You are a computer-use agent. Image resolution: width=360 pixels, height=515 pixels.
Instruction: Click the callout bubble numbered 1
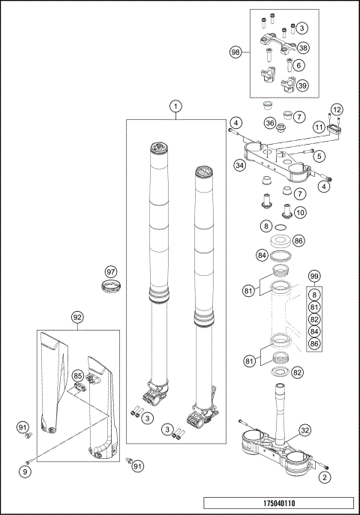click(175, 106)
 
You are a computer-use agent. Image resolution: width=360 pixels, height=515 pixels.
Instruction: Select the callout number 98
click(235, 52)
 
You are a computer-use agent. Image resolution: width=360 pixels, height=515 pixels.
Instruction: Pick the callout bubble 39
click(302, 86)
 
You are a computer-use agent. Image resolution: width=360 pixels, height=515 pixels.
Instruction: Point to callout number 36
click(270, 123)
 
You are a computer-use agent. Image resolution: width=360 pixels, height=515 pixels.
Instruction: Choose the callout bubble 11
click(318, 128)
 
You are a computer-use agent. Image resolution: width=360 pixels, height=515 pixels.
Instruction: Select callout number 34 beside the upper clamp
click(240, 165)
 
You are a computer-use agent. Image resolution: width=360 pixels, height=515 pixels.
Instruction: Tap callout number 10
click(299, 212)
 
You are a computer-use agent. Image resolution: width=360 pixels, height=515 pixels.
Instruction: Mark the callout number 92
click(77, 317)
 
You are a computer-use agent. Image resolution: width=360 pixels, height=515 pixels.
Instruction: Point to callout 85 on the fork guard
click(77, 374)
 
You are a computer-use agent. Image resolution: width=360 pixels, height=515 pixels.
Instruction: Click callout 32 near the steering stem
click(304, 430)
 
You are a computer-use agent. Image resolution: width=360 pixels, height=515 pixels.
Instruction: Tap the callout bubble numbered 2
click(324, 476)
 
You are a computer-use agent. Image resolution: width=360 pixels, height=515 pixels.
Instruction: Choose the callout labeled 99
click(314, 277)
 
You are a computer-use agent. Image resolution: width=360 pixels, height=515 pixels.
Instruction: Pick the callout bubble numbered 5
click(319, 156)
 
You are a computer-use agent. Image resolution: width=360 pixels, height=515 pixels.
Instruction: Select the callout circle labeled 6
click(299, 65)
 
